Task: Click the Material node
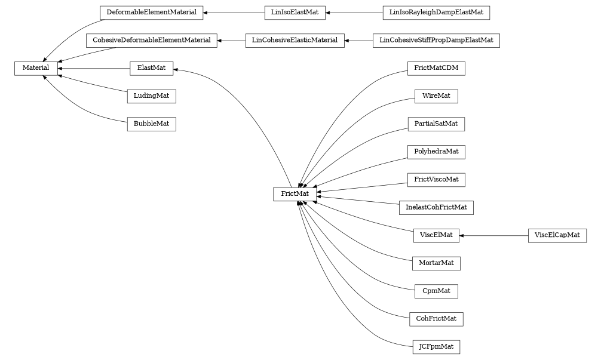coord(36,69)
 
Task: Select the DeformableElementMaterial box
coord(151,12)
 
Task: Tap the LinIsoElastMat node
coord(295,12)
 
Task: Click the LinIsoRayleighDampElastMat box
coord(436,12)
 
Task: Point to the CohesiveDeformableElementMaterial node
coord(151,41)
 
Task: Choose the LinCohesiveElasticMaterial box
coord(295,41)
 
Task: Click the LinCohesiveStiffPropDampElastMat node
coord(436,41)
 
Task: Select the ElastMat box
coord(151,69)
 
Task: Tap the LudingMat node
coord(151,96)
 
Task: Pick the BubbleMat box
coord(151,124)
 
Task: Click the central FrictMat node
coord(295,194)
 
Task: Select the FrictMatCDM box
coord(436,68)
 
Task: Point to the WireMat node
coord(436,96)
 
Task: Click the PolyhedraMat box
coord(436,152)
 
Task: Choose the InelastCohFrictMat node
coord(436,208)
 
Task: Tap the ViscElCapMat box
coord(557,235)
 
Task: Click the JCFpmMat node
coord(436,347)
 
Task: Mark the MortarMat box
coord(436,263)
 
